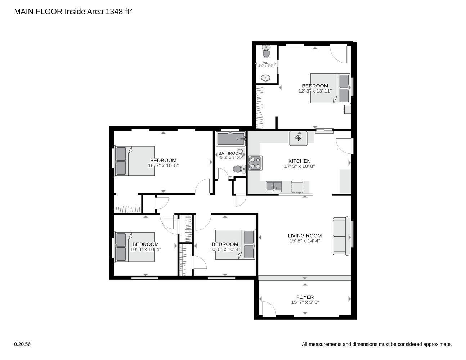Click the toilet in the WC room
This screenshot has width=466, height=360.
point(266,53)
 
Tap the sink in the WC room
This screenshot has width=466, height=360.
point(266,78)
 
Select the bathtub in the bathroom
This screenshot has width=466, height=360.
point(230,138)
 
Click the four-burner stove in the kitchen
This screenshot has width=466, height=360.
point(255,162)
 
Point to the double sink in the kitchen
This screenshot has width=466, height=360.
point(274,186)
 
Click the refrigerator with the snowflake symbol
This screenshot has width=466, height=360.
point(298,138)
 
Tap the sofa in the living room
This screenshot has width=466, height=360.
point(341,236)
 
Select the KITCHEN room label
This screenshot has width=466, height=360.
point(299,161)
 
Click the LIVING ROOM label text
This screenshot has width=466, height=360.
point(304,236)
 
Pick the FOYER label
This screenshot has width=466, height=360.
point(305,297)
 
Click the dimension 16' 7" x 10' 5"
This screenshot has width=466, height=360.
point(163,166)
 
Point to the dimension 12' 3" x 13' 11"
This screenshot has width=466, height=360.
point(315,91)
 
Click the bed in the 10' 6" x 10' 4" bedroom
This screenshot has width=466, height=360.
point(235,245)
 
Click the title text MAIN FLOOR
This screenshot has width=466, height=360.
point(38,12)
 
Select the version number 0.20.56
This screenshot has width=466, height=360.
point(22,344)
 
